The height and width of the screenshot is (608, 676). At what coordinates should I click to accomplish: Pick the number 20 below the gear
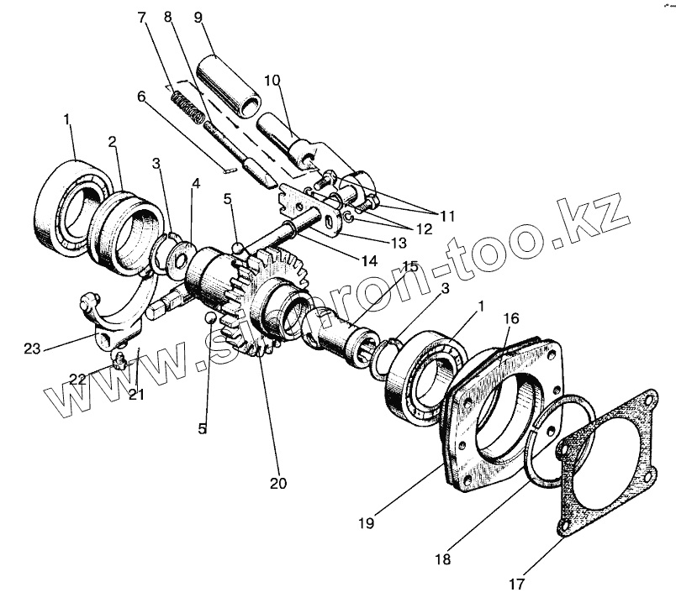coord(277,484)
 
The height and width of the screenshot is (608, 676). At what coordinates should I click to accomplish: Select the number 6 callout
coord(142,97)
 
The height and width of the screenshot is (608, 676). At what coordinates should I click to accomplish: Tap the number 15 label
coord(409,267)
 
